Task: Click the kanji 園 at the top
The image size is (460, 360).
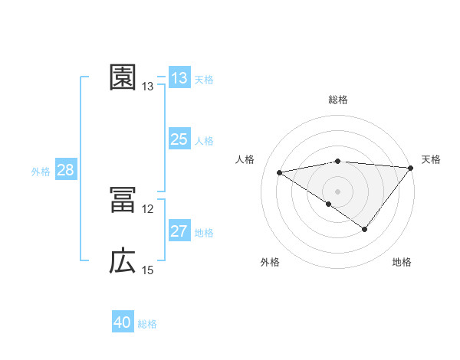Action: click(123, 77)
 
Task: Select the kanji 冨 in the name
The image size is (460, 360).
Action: click(123, 200)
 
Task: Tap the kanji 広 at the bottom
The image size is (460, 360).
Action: click(123, 262)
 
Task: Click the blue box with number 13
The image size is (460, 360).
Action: click(179, 77)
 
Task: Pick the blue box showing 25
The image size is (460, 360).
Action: click(179, 139)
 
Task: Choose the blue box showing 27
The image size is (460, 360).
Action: click(179, 231)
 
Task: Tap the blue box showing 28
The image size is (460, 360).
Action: click(65, 170)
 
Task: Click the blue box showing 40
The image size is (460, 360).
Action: click(123, 323)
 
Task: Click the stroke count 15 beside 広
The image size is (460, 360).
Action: click(148, 270)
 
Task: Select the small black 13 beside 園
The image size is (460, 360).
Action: click(148, 87)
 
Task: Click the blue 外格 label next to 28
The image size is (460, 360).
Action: click(41, 172)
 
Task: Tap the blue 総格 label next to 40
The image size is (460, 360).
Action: click(148, 325)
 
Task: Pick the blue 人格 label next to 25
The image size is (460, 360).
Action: click(204, 141)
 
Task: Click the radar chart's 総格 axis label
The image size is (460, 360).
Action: click(338, 100)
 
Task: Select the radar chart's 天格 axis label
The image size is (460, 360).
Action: click(431, 159)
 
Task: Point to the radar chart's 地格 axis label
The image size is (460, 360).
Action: click(402, 263)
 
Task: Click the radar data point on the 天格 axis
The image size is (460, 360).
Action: click(411, 168)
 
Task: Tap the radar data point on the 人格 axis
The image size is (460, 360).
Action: click(279, 172)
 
